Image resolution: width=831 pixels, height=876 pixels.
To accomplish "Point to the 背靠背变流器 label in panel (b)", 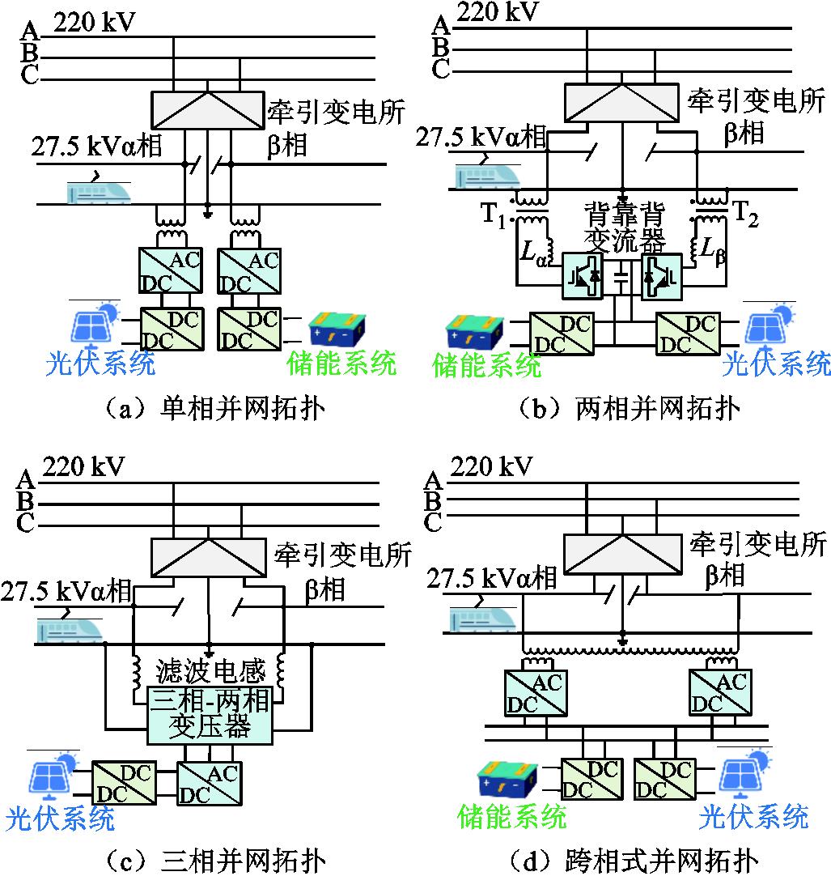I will coord(622,228).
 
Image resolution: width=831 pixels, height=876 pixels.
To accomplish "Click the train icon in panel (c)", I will coord(70,628).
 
